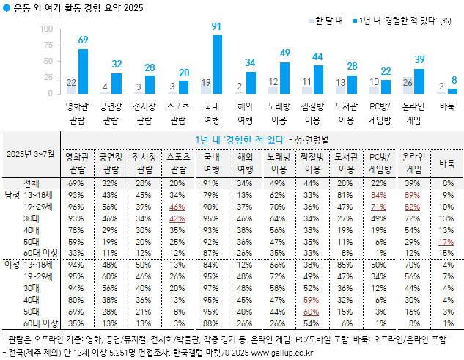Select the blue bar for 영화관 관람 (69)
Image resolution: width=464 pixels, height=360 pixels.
pyautogui.click(x=83, y=71)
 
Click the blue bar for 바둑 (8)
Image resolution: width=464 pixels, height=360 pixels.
pyautogui.click(x=452, y=91)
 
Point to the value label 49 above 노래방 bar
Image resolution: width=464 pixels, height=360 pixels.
pyautogui.click(x=285, y=54)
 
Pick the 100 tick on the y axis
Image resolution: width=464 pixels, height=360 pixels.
pyautogui.click(x=46, y=29)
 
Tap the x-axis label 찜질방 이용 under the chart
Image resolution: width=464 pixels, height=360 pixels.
pyautogui.click(x=317, y=112)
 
